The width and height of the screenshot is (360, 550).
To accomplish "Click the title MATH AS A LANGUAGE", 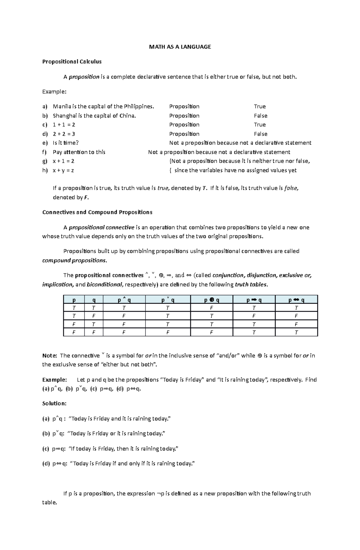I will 180,47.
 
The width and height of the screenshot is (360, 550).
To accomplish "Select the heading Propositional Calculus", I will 72,62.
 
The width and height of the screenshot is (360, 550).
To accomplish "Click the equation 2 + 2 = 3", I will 64,134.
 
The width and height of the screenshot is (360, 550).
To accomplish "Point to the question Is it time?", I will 65,143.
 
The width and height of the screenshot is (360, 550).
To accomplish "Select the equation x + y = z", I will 63,170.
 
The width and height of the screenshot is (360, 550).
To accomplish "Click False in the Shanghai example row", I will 260,116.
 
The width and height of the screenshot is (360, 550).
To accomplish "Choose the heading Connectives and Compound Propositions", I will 97,212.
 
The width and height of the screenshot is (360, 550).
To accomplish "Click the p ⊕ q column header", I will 211,300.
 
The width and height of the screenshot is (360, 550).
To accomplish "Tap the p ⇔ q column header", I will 296,300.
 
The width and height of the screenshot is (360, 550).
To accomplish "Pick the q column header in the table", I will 94,300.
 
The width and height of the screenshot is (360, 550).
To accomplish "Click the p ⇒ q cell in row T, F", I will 254,316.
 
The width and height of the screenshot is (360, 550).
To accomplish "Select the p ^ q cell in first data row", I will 124,308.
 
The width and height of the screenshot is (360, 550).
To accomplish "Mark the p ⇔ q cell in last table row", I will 296,332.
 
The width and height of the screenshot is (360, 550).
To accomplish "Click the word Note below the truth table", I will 49,356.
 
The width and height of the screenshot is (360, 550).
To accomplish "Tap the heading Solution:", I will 54,403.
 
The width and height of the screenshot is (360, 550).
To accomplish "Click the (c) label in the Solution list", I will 46,449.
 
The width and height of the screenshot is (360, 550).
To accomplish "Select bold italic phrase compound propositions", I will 74,260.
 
